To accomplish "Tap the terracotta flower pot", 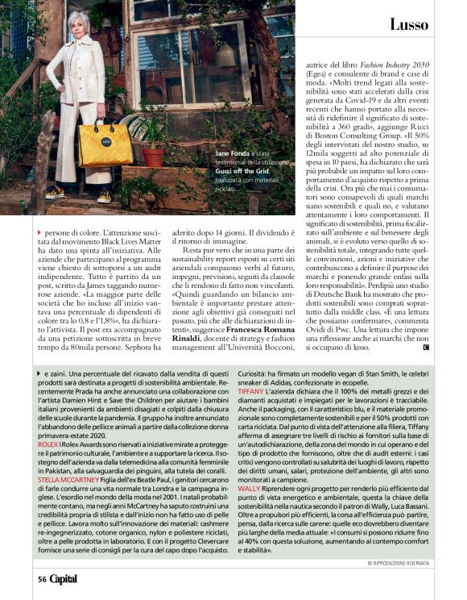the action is [x=153, y=156].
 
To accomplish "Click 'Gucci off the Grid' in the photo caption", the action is [x=217, y=171].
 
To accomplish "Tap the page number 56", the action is [x=40, y=578].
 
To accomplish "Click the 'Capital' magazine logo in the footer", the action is [x=64, y=578].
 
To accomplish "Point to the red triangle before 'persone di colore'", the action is [x=39, y=232].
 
